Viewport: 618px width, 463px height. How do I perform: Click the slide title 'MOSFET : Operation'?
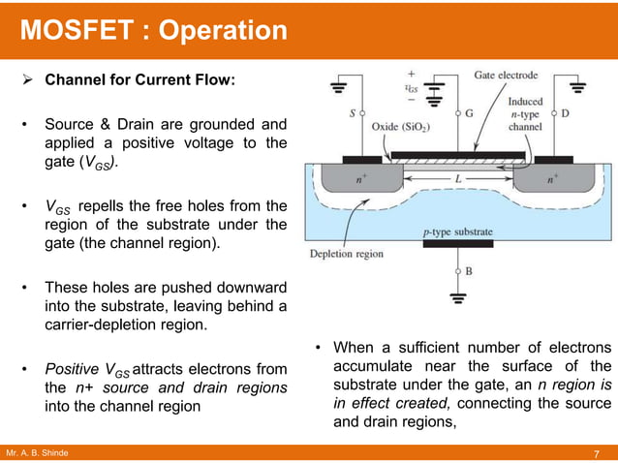pos(154,31)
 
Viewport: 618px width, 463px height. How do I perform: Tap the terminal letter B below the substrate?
pos(469,272)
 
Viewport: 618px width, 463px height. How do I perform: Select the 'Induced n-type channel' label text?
pos(527,112)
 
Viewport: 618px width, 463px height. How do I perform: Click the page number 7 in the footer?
pos(597,454)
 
